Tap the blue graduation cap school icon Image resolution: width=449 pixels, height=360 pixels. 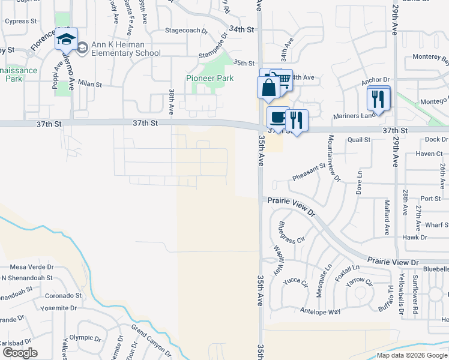(65, 41)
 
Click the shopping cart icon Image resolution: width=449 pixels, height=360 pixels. (283, 78)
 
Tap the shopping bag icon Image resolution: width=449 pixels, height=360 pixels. (268, 87)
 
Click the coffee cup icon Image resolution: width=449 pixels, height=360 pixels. (277, 117)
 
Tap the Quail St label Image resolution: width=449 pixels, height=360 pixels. (359, 140)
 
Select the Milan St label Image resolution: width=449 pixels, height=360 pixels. (91, 85)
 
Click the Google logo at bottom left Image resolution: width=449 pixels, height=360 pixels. (19, 353)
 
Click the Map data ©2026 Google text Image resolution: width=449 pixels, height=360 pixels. (412, 355)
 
